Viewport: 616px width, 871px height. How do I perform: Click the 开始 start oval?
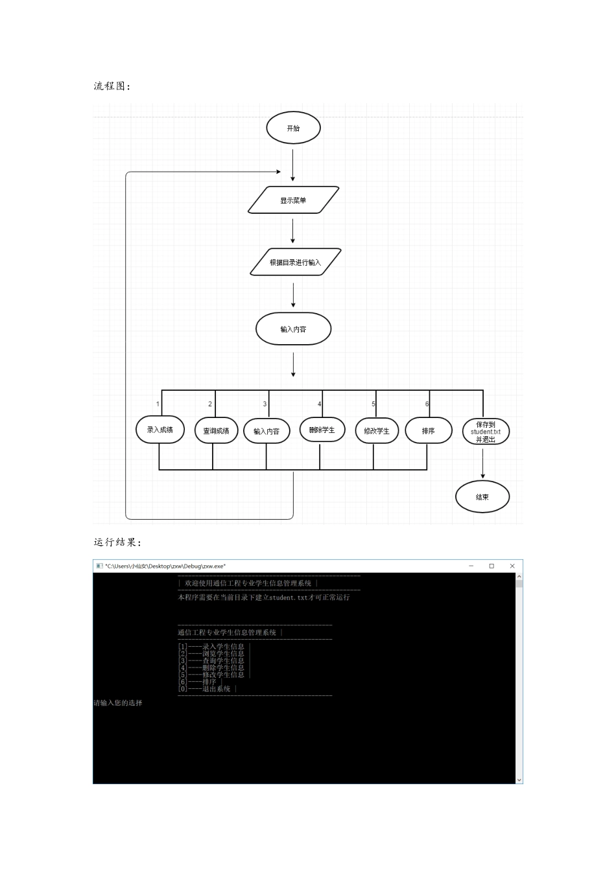(293, 128)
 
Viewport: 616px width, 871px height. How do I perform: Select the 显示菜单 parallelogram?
(293, 200)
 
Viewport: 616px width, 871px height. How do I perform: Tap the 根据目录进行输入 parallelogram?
(295, 262)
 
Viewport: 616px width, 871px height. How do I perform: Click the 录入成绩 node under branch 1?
(160, 430)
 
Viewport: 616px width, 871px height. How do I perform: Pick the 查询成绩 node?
(216, 430)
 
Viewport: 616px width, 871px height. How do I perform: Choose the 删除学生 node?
(322, 430)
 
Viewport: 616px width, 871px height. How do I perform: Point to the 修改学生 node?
(377, 431)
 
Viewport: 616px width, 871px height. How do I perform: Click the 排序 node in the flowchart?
(429, 430)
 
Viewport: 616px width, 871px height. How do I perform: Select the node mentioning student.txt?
(486, 432)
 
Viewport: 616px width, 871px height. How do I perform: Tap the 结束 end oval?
(482, 496)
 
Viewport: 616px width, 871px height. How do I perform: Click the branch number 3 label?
(265, 404)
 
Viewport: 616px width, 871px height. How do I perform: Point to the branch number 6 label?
(427, 404)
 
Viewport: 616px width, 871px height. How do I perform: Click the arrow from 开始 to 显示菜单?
(292, 165)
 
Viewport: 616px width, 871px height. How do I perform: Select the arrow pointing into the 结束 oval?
(483, 463)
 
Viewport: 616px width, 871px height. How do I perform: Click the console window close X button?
(512, 566)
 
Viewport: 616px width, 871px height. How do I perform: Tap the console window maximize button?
(492, 566)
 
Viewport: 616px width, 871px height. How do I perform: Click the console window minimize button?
(471, 566)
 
